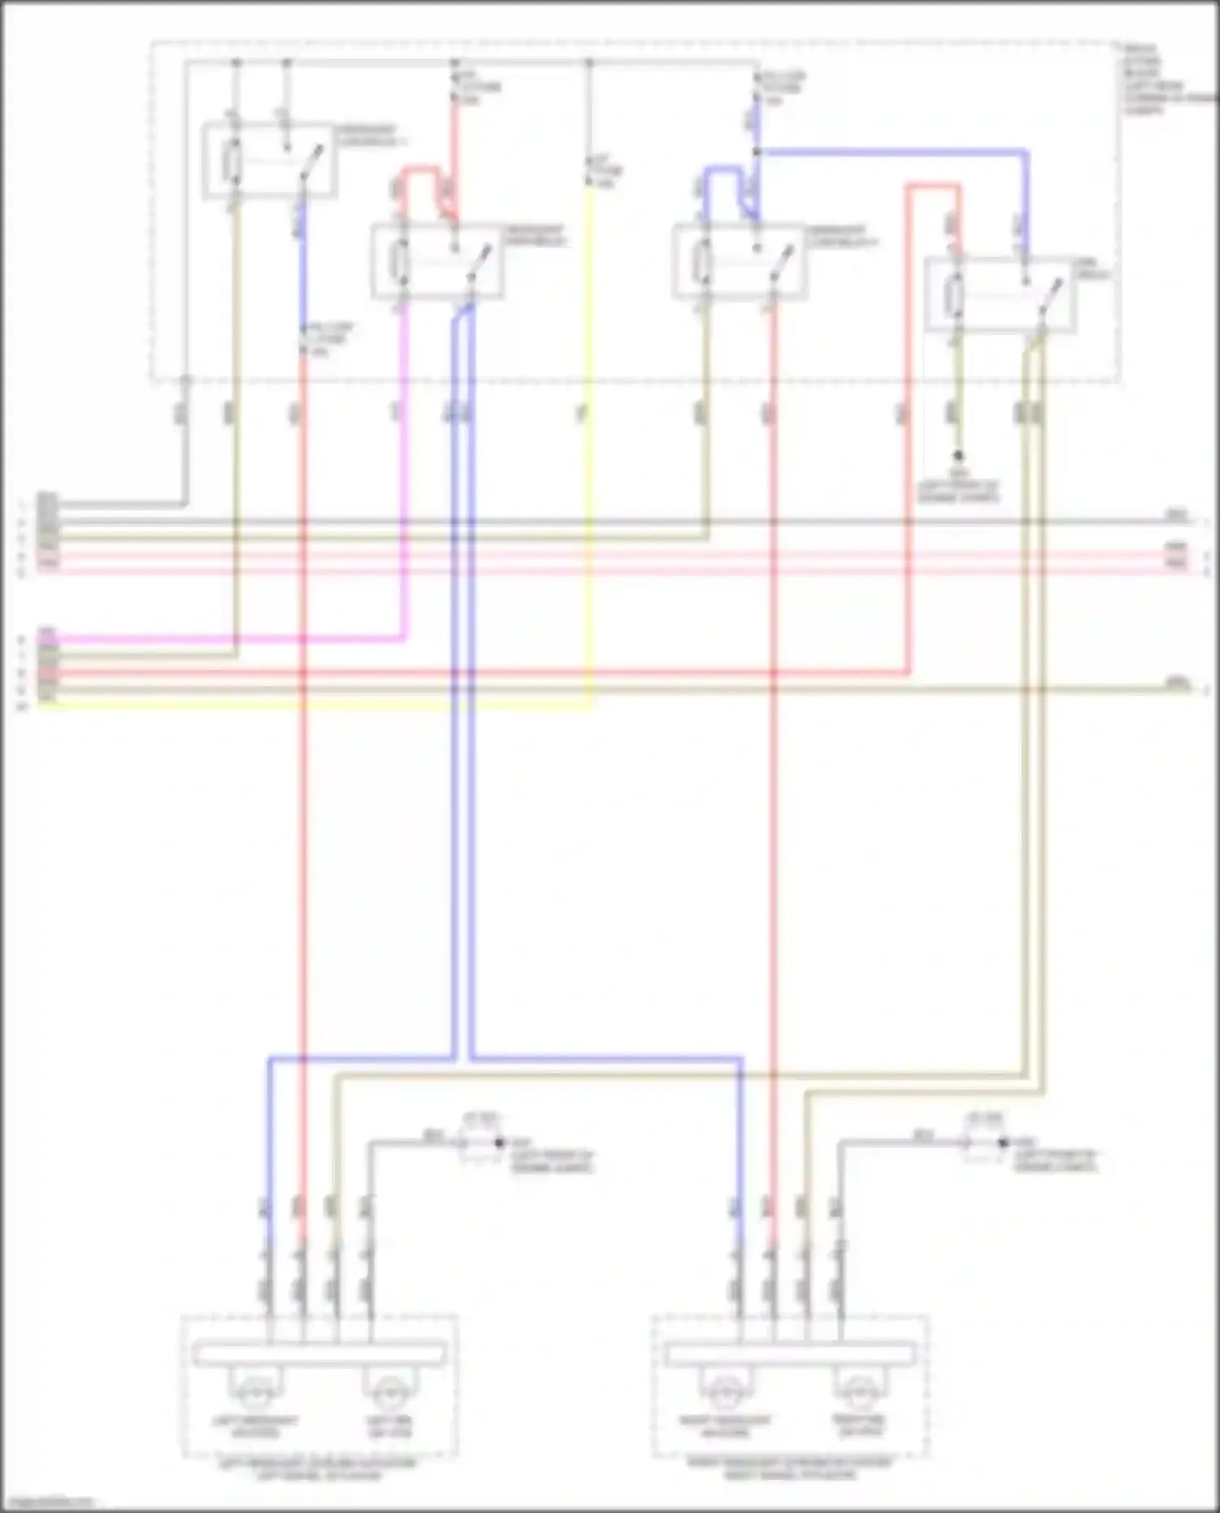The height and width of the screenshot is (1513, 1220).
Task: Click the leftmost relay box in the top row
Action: click(x=268, y=160)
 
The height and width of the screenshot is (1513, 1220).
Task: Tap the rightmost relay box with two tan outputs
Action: click(x=1001, y=294)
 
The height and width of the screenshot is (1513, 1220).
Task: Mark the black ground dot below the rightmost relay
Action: click(x=958, y=456)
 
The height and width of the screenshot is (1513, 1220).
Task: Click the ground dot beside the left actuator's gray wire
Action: click(x=500, y=1143)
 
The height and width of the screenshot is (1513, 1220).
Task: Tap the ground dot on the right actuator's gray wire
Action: click(x=1003, y=1143)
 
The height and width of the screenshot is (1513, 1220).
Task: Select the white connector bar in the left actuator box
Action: click(x=319, y=1354)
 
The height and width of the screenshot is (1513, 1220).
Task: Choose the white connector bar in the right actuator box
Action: click(x=789, y=1354)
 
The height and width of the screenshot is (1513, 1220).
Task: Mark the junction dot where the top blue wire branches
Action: click(x=756, y=152)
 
